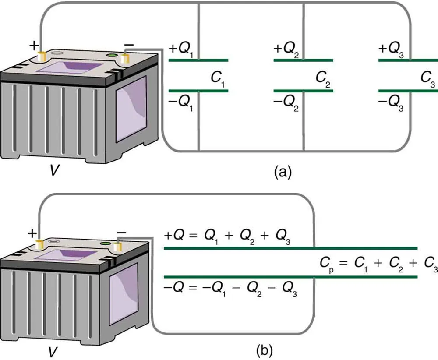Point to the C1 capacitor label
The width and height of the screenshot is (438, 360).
pos(218,79)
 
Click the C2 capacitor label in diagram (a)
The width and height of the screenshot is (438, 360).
pos(322,79)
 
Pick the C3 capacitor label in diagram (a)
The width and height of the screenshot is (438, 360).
pos(427,79)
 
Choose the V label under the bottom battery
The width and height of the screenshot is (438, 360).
pos(52,350)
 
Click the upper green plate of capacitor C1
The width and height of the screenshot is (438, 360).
pos(198,60)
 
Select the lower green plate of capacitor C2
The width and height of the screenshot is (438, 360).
pos(303,91)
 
